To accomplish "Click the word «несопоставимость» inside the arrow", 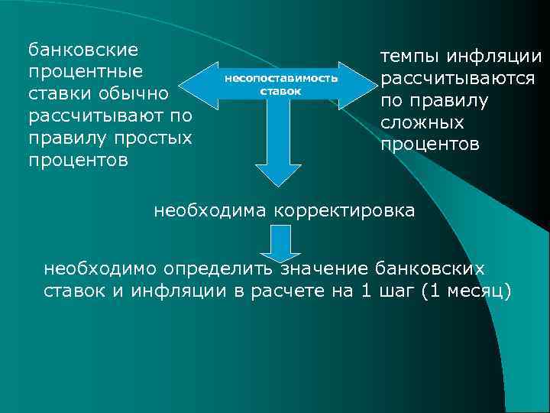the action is coord(280,79).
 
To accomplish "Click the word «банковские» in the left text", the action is coord(83,50).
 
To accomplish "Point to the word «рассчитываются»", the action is coord(458,79).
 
